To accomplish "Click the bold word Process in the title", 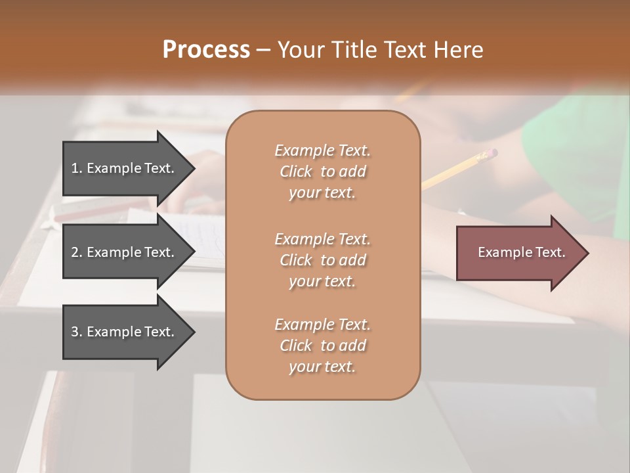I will point(206,49).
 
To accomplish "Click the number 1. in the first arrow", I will point(77,168).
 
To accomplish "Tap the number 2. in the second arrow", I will point(77,252).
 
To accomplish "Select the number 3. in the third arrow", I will point(77,332).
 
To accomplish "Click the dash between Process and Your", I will point(263,50).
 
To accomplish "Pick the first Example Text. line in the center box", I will point(322,150).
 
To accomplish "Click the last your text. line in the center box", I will point(322,367).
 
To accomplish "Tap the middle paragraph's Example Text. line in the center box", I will point(322,238).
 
